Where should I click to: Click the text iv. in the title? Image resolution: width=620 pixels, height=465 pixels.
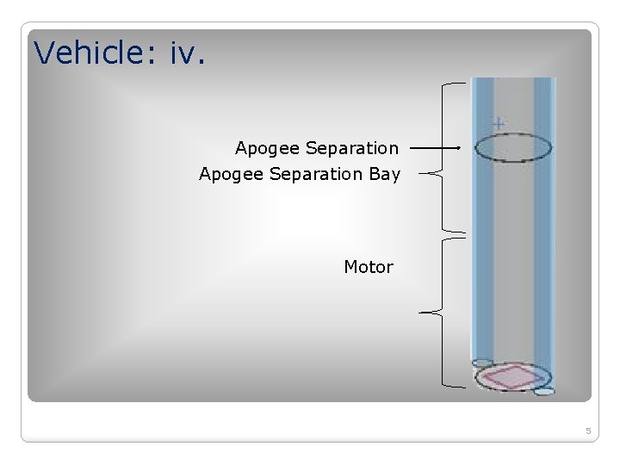(187, 53)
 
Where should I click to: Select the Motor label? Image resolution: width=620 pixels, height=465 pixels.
(369, 267)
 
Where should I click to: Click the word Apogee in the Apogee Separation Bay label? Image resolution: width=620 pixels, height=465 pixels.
(231, 174)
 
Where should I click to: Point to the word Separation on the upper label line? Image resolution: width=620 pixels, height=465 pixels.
(352, 148)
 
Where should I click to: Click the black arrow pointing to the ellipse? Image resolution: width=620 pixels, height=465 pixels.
(435, 148)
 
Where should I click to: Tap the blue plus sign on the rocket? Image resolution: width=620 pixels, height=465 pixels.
(499, 123)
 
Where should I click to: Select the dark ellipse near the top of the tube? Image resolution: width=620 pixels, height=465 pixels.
(513, 149)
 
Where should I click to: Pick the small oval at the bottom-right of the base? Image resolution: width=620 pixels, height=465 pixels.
(544, 391)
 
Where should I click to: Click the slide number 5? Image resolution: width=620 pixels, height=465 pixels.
(588, 431)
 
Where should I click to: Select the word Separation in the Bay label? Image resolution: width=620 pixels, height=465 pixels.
(316, 174)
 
